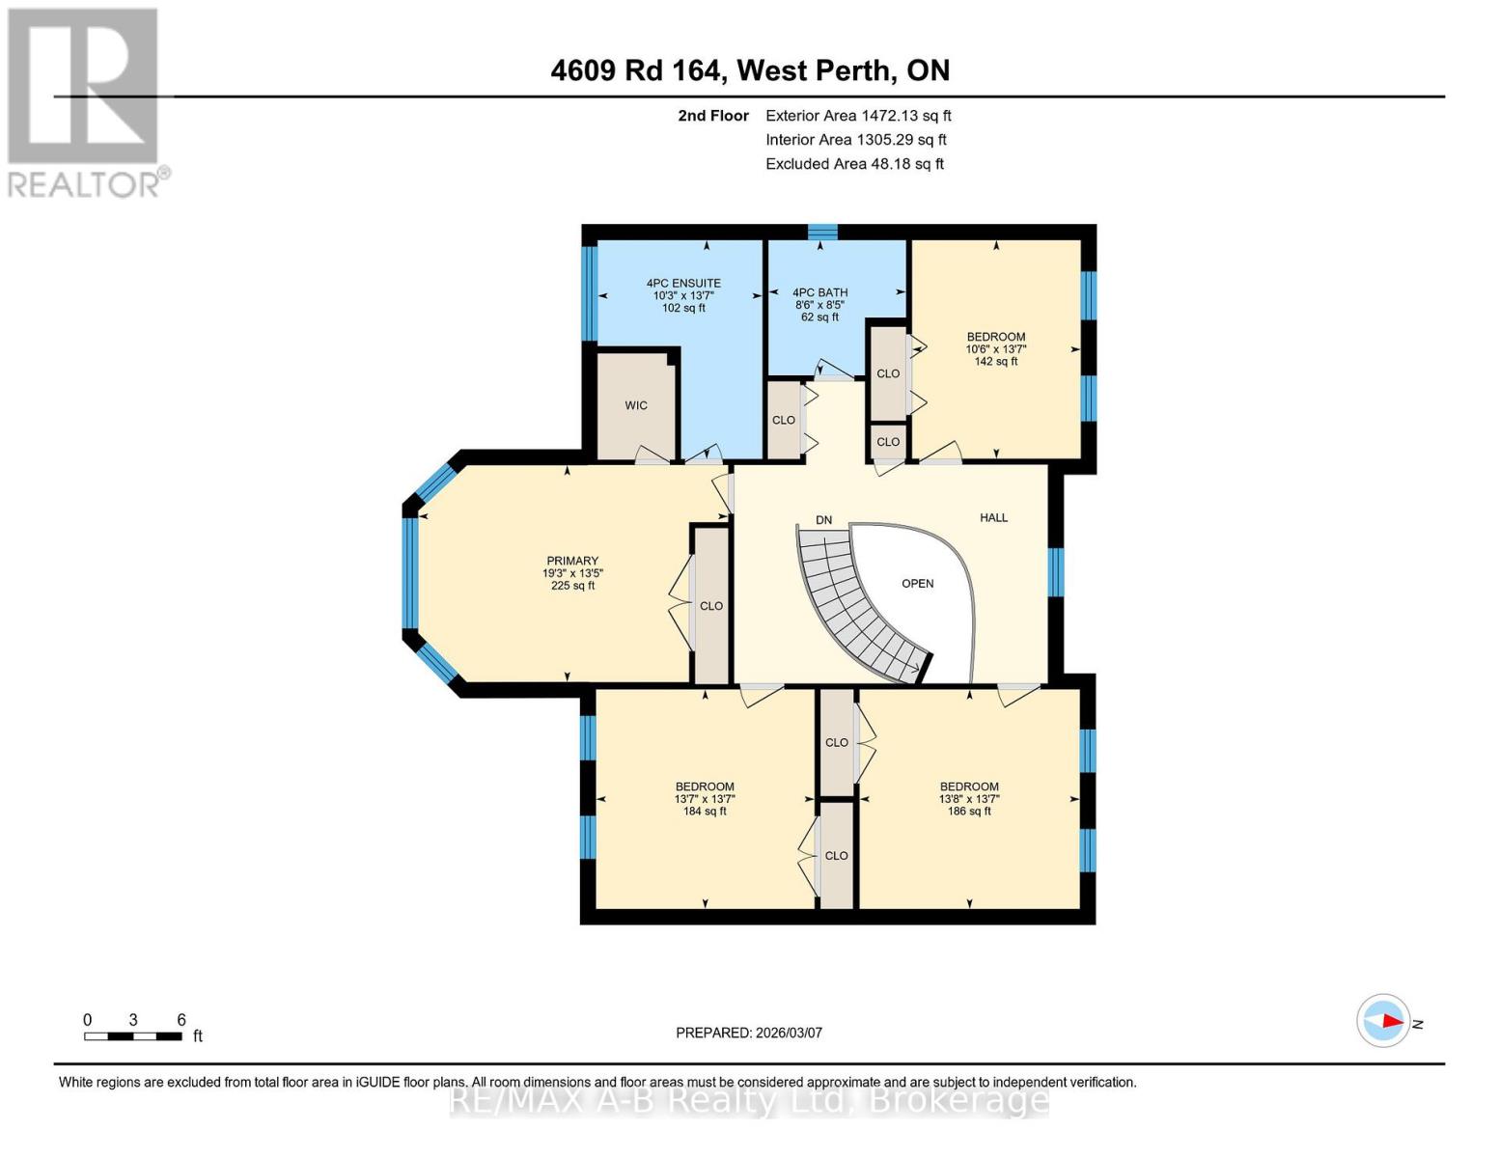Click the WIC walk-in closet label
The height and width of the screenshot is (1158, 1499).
point(635,405)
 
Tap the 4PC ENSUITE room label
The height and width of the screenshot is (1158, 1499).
point(683,284)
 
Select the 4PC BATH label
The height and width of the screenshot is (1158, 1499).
point(819,292)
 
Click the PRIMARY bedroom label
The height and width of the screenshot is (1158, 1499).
point(572,561)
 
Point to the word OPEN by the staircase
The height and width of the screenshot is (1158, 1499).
point(917,584)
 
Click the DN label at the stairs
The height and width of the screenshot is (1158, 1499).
point(823,520)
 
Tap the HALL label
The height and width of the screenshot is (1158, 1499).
point(993,518)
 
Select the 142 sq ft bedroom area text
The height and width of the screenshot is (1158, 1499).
point(995,362)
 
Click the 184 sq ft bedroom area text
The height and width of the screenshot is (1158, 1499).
point(705,812)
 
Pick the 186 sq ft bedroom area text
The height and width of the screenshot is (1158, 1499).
point(969,812)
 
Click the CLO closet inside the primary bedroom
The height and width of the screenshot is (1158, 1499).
point(711,606)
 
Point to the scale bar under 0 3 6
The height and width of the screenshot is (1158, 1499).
point(132,1036)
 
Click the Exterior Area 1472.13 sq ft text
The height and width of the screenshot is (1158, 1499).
point(858,116)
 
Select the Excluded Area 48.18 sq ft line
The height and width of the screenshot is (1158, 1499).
point(854,164)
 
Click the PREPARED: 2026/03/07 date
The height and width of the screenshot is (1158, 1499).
point(749,1033)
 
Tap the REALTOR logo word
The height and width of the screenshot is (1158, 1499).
point(85,184)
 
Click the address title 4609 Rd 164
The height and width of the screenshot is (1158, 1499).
point(635,70)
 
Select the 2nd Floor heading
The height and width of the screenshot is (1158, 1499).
point(713,116)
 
